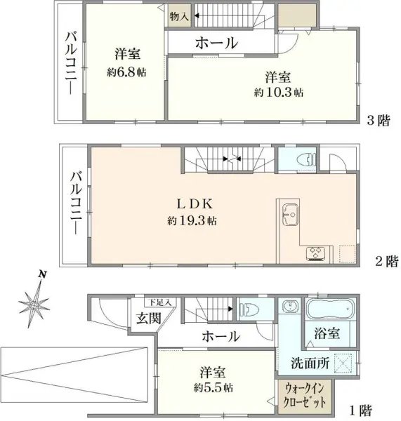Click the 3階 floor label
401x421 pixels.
click(379, 120)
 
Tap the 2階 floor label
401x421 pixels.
click(386, 262)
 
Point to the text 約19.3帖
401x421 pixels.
click(192, 220)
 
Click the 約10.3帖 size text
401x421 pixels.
click(279, 92)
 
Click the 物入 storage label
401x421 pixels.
click(178, 15)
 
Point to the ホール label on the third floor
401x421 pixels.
click(216, 43)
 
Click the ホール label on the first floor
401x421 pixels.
click(221, 336)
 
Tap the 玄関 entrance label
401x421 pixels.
click(143, 319)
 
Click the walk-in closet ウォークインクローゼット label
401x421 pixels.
click(305, 398)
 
